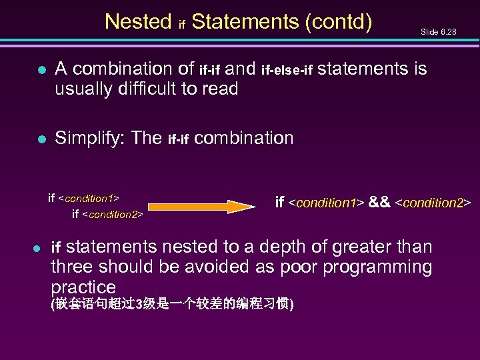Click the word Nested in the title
pos(138,22)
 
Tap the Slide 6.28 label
pos(438,31)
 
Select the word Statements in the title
pos(245,22)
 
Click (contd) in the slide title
pos(338,22)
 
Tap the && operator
pos(380,202)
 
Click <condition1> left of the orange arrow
pos(89,199)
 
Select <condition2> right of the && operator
pos(433,202)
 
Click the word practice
pos(83,288)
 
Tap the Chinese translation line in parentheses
pos(173,305)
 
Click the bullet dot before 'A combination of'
pos(41,69)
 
